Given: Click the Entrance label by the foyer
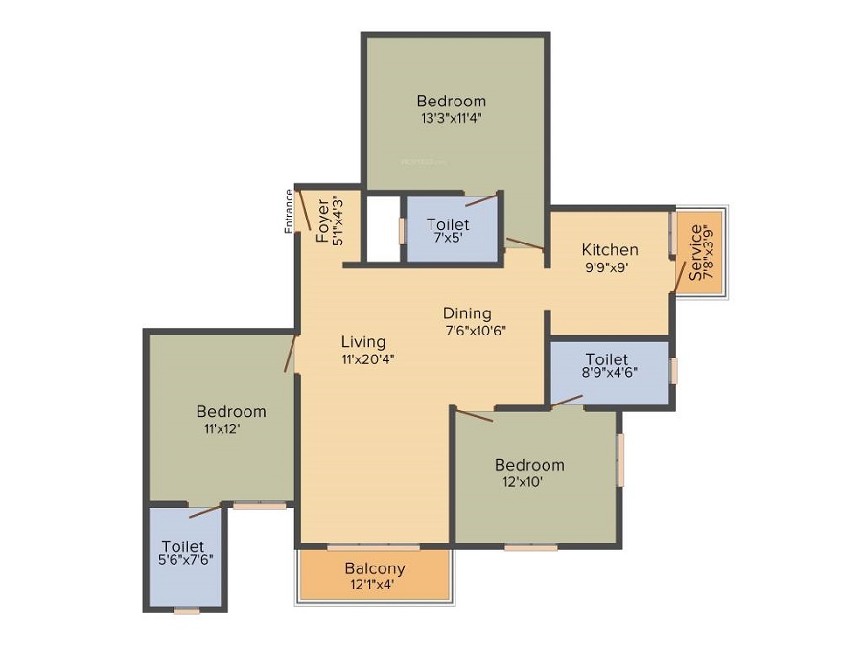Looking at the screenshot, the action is tap(289, 211).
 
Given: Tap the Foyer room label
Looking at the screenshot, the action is tap(323, 221).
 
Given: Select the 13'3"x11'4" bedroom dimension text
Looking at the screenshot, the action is tap(452, 118).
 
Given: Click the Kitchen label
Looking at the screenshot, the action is tap(610, 250).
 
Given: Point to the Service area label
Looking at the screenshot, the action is tap(695, 252).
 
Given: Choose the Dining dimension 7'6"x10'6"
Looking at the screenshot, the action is tap(475, 331).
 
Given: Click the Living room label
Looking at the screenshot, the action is tap(363, 342).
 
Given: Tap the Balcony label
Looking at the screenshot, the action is tap(375, 567).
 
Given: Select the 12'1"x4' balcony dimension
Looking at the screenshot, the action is tap(372, 584).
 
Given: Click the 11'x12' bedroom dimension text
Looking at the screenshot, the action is tap(222, 428).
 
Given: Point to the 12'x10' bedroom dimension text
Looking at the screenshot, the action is tap(523, 482).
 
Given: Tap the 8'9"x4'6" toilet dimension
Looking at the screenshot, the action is tap(610, 371).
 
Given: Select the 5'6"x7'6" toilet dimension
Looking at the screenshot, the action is tap(185, 560).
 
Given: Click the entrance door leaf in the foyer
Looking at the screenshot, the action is tap(304, 211).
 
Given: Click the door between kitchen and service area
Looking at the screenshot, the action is tap(680, 277).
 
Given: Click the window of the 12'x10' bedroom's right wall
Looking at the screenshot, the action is tap(620, 460).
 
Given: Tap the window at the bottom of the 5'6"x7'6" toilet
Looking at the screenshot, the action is tap(187, 611).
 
